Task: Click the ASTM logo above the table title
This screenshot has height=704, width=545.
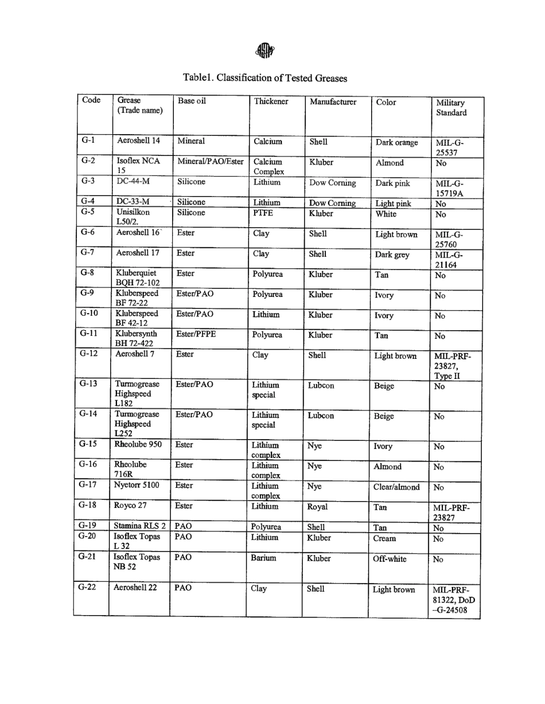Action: click(x=265, y=51)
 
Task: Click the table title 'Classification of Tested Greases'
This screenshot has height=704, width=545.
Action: click(x=265, y=77)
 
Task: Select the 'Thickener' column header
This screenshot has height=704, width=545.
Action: click(x=271, y=101)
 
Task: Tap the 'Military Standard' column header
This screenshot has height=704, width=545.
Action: click(x=451, y=108)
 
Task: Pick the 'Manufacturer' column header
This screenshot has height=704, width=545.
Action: click(x=333, y=102)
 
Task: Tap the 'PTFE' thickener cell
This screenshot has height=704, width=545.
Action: click(x=262, y=213)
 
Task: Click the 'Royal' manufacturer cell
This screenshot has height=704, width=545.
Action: click(x=317, y=507)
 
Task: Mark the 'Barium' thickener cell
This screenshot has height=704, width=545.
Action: click(x=263, y=558)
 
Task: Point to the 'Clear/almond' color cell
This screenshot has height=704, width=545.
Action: click(x=396, y=487)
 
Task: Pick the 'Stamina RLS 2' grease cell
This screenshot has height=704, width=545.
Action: click(x=140, y=526)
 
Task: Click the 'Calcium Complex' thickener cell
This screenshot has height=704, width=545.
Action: click(x=268, y=167)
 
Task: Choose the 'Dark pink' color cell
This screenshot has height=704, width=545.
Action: click(x=393, y=184)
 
